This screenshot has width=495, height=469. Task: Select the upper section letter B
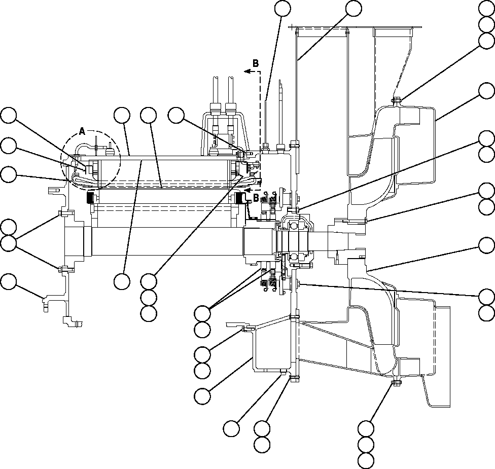click(x=256, y=63)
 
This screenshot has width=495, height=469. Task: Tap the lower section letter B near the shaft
click(x=256, y=197)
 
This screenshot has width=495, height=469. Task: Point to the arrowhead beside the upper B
click(x=247, y=72)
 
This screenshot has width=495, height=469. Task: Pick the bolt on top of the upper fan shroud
click(x=396, y=100)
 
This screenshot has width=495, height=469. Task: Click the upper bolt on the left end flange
click(x=60, y=212)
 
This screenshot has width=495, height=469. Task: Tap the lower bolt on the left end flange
click(x=60, y=269)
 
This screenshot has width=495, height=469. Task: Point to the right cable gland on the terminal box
click(x=231, y=109)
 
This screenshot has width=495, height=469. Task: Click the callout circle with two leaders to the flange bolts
click(x=8, y=243)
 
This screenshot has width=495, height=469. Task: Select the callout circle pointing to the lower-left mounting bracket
click(x=8, y=281)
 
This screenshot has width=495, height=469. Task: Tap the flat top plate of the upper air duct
click(x=355, y=27)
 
